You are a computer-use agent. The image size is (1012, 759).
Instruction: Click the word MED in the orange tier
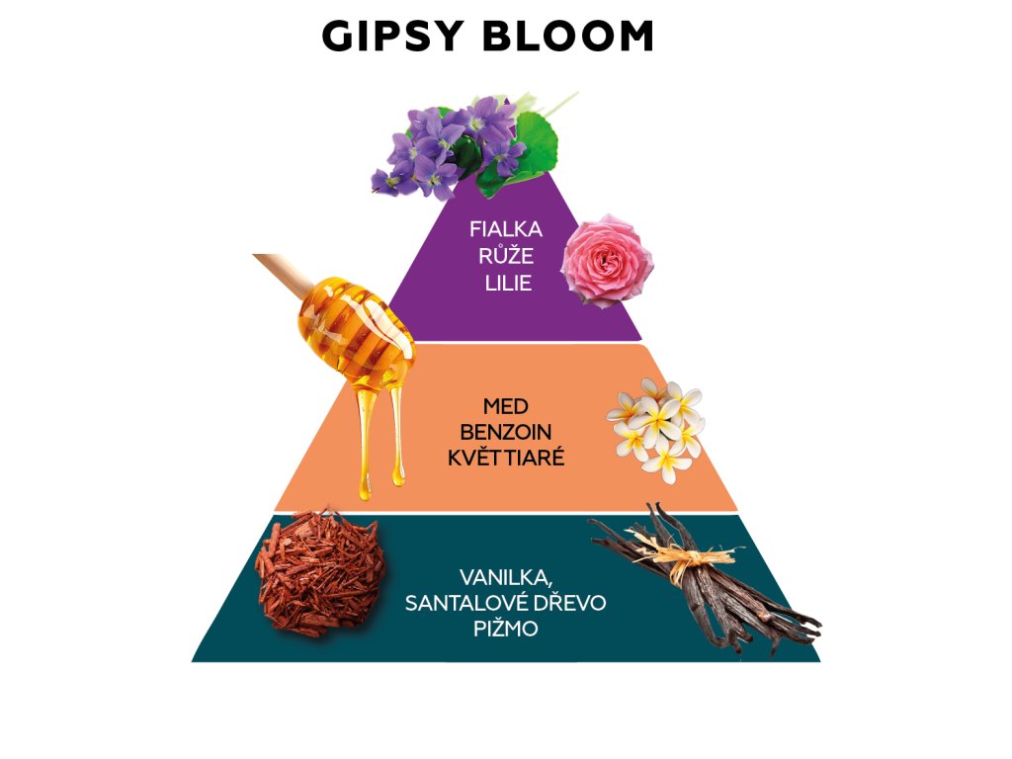[504, 406]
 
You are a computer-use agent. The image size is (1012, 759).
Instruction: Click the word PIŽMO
[504, 629]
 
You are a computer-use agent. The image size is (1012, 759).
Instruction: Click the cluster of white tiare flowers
[657, 427]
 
